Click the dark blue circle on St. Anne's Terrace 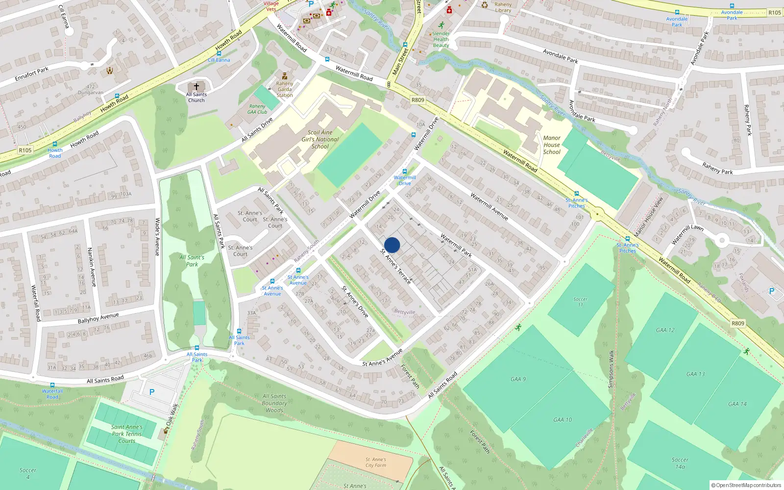(392, 245)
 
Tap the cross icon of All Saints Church (196, 86)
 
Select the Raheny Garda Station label (285, 89)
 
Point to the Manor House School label (552, 145)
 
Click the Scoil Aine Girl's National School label (320, 139)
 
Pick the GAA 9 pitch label (518, 379)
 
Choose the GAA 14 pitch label (737, 404)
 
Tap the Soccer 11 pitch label (580, 302)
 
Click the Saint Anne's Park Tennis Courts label (127, 434)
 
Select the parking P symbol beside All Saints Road (152, 392)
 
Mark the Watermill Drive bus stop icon (404, 171)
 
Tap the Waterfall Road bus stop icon (52, 385)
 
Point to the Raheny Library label (503, 7)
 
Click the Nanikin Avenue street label (91, 267)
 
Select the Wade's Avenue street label (157, 237)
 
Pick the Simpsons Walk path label (611, 369)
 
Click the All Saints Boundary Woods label (274, 403)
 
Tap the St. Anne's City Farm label (376, 463)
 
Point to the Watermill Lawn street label (687, 234)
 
